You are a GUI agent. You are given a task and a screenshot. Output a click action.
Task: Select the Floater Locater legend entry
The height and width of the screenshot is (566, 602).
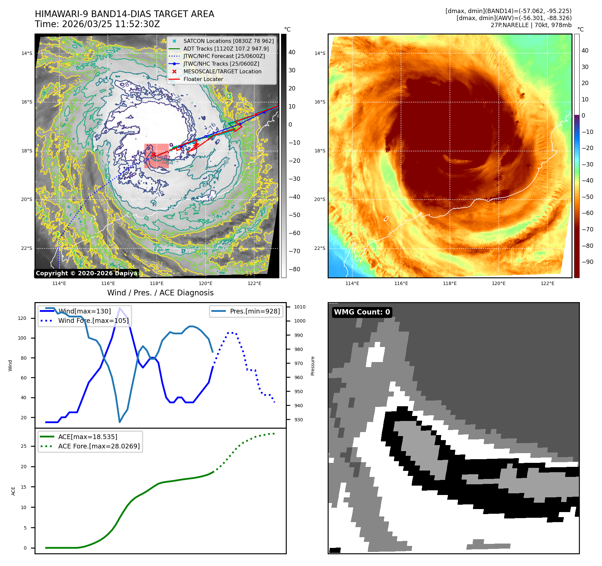point(203,79)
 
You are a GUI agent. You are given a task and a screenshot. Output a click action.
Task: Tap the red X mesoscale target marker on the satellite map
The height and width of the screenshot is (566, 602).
point(153,155)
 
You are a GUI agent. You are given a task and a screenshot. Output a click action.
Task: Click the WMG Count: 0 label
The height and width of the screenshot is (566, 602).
point(362,312)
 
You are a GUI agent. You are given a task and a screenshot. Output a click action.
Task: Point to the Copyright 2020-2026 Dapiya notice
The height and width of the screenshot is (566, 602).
point(86,273)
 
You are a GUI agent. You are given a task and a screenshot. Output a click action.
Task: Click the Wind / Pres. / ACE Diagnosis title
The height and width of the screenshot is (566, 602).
point(160,293)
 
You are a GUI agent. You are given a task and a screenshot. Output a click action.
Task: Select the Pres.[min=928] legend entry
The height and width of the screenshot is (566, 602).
point(255,311)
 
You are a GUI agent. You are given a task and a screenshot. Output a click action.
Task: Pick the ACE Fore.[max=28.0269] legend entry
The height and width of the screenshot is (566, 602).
point(99,446)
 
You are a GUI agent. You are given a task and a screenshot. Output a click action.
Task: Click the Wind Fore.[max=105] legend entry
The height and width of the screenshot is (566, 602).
point(93,321)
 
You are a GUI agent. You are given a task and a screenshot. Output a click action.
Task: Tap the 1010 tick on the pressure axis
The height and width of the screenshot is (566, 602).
point(299,307)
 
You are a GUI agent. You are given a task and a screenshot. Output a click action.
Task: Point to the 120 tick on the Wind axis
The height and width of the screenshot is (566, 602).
point(22,318)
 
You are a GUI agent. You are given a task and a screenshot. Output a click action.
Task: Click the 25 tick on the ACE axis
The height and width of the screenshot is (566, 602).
point(24,446)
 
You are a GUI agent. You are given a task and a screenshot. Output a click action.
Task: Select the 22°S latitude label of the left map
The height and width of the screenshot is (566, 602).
point(27,248)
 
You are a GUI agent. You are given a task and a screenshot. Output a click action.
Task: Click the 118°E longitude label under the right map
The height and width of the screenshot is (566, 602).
point(450,284)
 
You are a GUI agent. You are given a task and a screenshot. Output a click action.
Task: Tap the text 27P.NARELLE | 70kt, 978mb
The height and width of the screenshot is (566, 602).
point(531,25)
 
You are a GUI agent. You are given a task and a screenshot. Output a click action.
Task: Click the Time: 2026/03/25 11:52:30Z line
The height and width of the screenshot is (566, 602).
point(97,24)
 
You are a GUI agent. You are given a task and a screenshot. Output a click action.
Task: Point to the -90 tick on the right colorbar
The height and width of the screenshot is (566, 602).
point(587,262)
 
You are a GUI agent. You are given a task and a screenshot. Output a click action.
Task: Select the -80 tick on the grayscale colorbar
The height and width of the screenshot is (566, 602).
point(294,269)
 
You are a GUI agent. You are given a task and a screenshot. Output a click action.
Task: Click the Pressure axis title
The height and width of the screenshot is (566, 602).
point(313,366)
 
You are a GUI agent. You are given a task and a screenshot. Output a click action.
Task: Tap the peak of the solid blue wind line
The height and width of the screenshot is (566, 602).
point(120,308)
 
